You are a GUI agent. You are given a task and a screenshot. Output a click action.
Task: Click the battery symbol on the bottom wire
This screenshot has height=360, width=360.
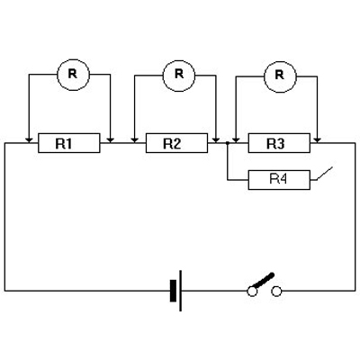pyautogui.click(x=176, y=291)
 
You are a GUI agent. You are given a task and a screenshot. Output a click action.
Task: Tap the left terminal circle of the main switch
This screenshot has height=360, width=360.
pyautogui.click(x=252, y=292)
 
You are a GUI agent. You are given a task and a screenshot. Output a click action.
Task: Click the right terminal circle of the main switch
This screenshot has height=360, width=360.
pyautogui.click(x=276, y=292)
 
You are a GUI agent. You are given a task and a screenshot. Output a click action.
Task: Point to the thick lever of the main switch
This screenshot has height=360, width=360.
pyautogui.click(x=264, y=280)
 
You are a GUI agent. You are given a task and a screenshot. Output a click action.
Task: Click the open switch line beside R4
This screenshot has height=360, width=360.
pyautogui.click(x=325, y=174)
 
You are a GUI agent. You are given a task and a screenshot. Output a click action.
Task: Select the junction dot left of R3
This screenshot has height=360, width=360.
pyautogui.click(x=228, y=143)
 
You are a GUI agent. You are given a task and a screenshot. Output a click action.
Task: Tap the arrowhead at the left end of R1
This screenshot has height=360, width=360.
pyautogui.click(x=29, y=140)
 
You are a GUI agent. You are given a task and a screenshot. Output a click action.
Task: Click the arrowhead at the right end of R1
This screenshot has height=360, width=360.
pyautogui.click(x=111, y=140)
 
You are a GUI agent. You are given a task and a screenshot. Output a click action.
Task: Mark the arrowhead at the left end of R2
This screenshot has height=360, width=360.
pyautogui.click(x=135, y=140)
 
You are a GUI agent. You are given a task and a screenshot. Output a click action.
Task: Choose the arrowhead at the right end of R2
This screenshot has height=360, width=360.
pyautogui.click(x=216, y=140)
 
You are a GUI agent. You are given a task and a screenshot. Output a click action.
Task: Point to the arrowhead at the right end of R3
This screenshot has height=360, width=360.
pyautogui.click(x=318, y=140)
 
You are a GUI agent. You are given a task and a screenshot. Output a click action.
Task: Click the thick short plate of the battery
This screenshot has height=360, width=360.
pyautogui.click(x=173, y=291)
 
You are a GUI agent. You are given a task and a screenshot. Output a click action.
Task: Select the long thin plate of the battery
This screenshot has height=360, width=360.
pyautogui.click(x=181, y=291)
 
